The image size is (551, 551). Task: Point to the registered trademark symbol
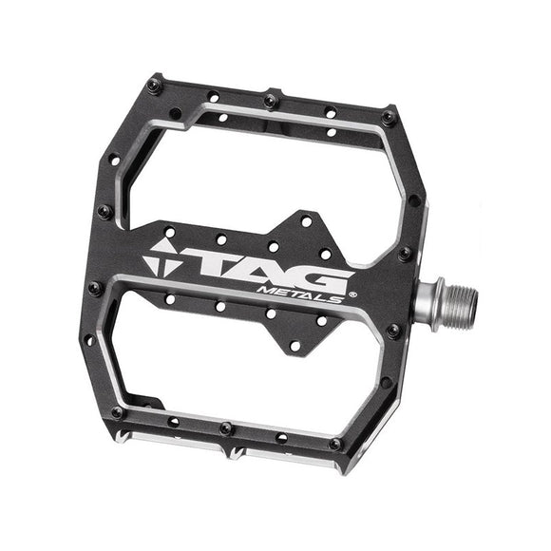(351, 294)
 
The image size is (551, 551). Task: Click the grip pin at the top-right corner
(388, 116)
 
